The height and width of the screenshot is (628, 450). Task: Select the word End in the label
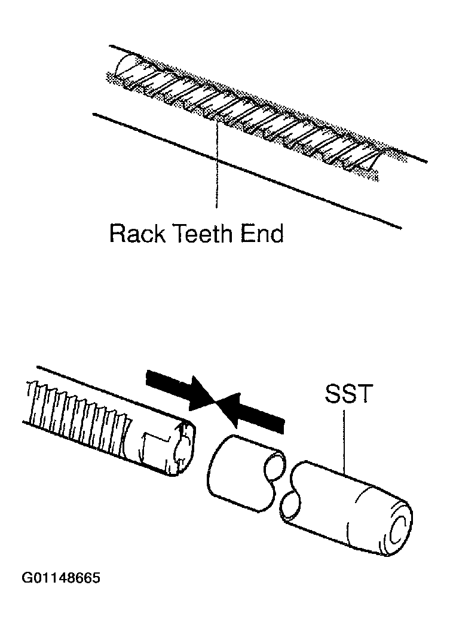(262, 233)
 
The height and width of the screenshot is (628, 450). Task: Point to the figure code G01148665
(61, 579)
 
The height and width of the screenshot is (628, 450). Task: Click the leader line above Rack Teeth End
(218, 167)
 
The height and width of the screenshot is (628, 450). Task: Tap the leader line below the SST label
(345, 442)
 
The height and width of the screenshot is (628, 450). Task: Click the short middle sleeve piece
(239, 472)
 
